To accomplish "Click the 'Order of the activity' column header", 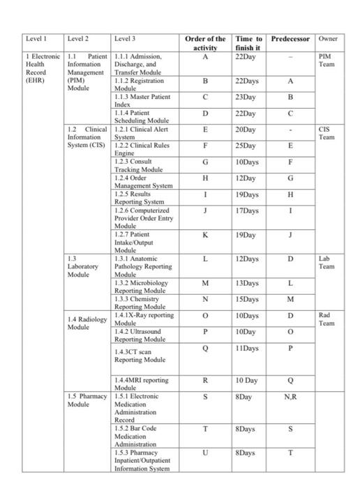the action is point(205,43).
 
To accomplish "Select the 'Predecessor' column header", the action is point(290,39).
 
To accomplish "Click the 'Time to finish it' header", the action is point(249,43).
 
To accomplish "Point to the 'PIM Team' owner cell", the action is point(326,60).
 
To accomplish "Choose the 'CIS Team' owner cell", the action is point(326,133).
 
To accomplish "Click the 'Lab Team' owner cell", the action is point(326,262).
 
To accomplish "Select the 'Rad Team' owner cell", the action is point(326,319).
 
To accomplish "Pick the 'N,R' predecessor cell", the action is point(290,397).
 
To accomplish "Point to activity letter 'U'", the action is point(205,453).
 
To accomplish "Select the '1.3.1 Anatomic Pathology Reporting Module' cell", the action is point(144,266).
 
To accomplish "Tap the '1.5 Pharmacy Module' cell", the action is point(87,400).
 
